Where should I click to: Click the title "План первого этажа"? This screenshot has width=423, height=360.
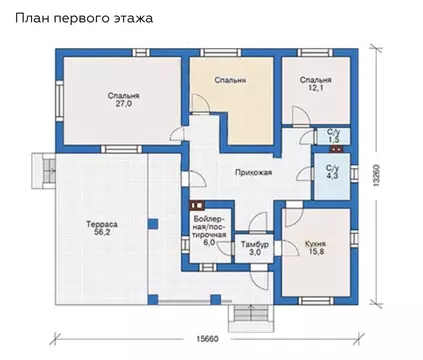point(84,18)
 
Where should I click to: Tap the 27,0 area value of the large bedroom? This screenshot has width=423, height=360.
point(123,104)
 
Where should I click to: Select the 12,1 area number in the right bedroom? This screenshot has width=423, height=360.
point(316,88)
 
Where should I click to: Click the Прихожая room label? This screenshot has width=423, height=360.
point(253,172)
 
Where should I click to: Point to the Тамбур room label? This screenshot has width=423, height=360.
point(255,244)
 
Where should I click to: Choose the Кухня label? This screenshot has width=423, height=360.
point(315,244)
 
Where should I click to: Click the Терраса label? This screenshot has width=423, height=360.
point(102,224)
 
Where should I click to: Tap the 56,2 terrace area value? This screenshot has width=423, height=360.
point(102,232)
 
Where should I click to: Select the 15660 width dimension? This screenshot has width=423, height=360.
point(207,339)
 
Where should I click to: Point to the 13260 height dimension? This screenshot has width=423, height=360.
point(376,175)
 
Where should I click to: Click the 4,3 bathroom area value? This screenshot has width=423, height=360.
point(332,176)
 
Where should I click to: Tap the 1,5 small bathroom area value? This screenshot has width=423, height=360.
point(332,140)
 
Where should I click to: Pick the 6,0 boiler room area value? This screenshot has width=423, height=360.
point(209,243)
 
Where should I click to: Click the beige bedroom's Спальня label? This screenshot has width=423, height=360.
point(230,80)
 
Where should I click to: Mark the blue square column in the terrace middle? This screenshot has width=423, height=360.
point(153,224)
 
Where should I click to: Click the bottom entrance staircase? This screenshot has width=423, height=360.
point(250,318)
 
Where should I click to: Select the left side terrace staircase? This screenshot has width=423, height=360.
point(44,170)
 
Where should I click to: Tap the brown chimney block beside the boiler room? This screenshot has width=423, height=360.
point(197,206)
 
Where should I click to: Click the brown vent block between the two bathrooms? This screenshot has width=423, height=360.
point(336,149)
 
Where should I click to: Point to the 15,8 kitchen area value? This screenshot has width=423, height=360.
point(315,252)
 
